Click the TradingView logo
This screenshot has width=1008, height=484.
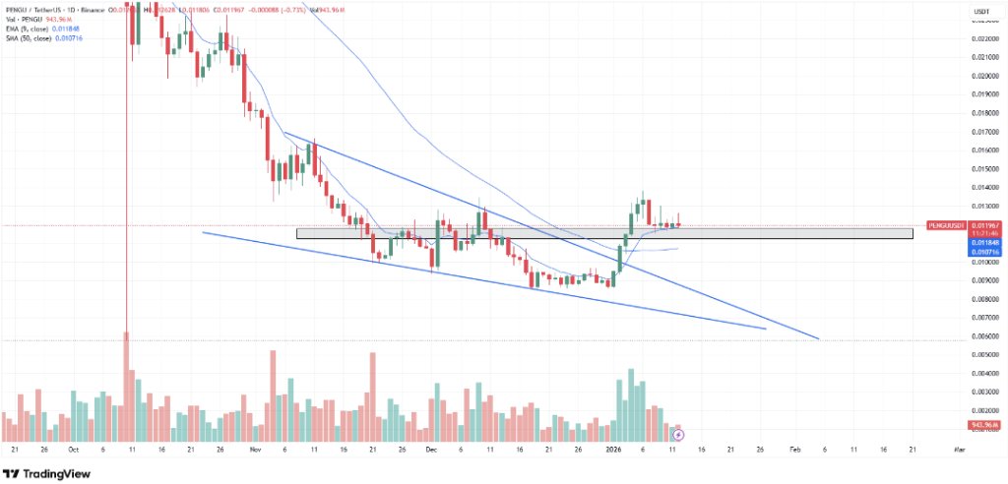pos(50,472)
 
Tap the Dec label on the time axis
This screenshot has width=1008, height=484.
pos(430,449)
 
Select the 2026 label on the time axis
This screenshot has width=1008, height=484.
pos(613,449)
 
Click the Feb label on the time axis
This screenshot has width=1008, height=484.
pos(794,449)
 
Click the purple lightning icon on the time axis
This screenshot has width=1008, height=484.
pos(678,433)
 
